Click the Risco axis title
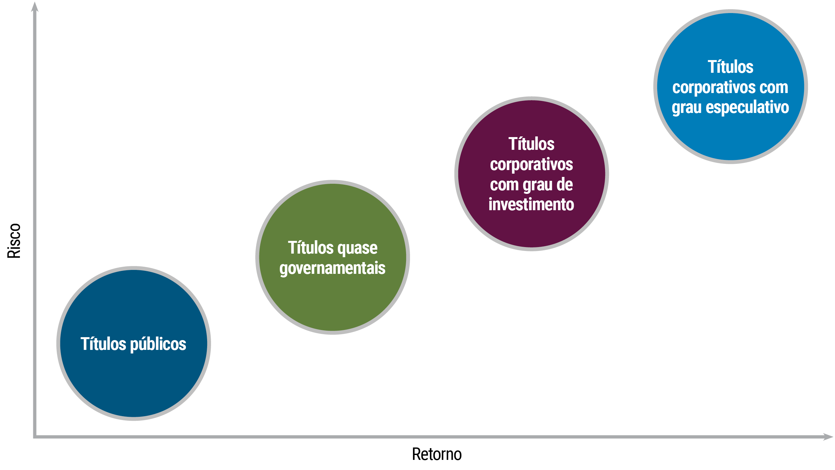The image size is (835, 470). point(14,241)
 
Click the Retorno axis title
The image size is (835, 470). point(437,454)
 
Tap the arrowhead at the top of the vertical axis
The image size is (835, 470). point(35,7)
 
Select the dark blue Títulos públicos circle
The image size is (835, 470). point(134,343)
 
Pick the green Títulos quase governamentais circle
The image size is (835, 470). point(333,257)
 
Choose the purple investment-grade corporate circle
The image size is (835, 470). point(532,174)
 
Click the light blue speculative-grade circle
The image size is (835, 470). point(731,86)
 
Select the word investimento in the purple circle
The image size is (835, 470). point(531,205)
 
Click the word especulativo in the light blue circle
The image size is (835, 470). point(748,108)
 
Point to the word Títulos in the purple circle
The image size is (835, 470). point(531,144)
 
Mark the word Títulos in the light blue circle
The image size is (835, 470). point(731,67)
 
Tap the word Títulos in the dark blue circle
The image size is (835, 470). point(103,344)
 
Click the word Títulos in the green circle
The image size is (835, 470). point(311,247)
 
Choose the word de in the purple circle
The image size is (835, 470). point(565,185)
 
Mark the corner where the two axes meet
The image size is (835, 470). point(35,437)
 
